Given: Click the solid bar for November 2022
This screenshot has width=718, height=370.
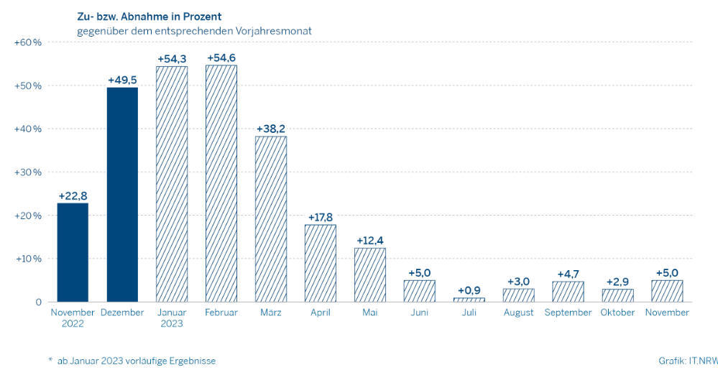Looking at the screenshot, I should (x=73, y=252).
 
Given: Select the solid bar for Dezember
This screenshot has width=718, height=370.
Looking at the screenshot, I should (x=122, y=194).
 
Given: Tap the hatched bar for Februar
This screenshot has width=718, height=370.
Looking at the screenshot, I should (x=221, y=183).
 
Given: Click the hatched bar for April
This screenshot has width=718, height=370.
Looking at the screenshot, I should (x=321, y=263).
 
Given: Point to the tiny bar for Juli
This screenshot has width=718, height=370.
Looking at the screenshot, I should (x=469, y=300).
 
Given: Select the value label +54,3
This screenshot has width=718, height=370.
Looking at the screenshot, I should (x=172, y=57).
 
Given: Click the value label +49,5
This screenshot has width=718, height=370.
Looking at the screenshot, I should (x=122, y=79).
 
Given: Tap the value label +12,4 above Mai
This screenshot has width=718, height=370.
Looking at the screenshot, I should (x=369, y=239).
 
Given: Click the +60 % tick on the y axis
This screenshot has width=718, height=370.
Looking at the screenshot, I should (x=29, y=42).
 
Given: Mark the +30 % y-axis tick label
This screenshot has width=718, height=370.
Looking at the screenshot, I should (x=29, y=172).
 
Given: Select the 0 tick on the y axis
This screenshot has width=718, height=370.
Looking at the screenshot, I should (x=39, y=302).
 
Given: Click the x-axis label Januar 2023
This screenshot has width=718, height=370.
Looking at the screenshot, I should (x=172, y=318).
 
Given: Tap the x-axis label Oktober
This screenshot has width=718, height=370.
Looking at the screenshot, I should (x=617, y=313).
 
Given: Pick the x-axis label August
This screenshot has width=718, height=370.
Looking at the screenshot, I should (x=518, y=313).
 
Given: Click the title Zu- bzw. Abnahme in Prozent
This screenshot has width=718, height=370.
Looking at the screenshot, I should (x=149, y=17).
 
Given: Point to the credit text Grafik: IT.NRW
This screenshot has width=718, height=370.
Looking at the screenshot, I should (x=687, y=361).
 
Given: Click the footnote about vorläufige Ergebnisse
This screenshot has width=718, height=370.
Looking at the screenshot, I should (x=132, y=361).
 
